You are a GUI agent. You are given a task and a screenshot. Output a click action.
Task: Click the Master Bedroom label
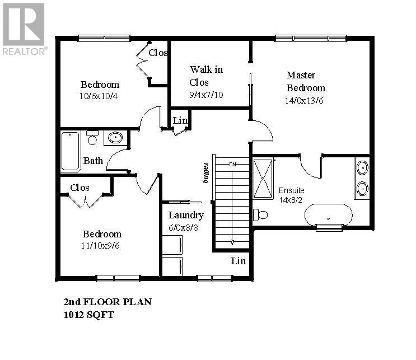[x=305, y=82]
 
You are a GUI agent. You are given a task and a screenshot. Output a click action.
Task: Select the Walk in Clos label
[x=206, y=76]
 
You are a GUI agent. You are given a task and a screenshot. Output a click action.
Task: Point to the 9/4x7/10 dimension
[x=206, y=95]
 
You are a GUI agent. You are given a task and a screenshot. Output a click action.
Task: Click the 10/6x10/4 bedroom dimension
[x=99, y=96]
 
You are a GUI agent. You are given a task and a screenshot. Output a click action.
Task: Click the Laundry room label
[x=186, y=215]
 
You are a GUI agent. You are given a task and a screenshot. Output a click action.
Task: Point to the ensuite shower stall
[x=263, y=179]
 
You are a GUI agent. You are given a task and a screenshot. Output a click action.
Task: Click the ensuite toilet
[x=260, y=214]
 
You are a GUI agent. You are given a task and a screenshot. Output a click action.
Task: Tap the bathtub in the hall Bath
[x=71, y=151]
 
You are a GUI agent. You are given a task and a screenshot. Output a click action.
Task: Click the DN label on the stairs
[x=232, y=164]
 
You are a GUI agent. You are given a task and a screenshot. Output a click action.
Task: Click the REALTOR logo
[x=24, y=29]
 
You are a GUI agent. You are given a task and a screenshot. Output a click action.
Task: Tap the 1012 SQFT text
[x=89, y=315]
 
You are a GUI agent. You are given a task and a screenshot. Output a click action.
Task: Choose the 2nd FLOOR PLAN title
[x=107, y=302]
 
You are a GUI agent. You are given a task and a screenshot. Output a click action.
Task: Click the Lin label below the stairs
[x=238, y=261]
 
